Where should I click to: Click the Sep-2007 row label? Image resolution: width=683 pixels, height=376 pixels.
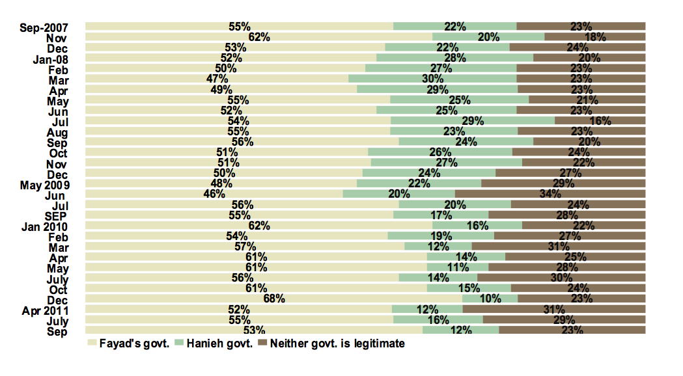[44, 27]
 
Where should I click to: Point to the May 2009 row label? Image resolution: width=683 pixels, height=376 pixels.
[45, 183]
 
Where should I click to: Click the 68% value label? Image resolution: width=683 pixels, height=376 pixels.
[274, 299]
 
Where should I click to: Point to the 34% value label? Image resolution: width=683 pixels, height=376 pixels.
[550, 194]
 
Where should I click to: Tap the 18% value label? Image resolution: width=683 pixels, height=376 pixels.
[595, 38]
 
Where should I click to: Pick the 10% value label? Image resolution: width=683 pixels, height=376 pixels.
[490, 299]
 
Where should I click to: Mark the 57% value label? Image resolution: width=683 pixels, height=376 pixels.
[245, 247]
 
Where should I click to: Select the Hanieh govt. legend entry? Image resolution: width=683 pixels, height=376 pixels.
[216, 343]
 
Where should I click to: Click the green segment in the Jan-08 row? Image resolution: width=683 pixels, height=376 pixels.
[454, 57]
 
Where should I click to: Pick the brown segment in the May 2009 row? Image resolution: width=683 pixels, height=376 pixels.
[563, 183]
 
